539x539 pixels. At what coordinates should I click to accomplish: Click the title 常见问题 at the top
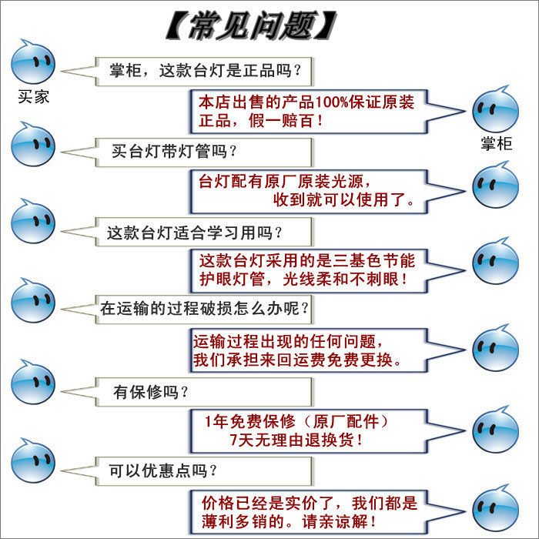251,26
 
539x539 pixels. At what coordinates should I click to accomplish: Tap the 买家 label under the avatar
33,98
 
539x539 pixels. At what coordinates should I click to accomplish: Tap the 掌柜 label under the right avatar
496,143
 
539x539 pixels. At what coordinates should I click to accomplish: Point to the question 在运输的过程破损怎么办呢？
205,309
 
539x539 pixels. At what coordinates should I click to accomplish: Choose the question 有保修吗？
151,392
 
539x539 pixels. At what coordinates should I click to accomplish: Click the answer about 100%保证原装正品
306,110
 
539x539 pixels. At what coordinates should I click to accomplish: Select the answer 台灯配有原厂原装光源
306,191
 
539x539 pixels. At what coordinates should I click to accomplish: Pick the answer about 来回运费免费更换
306,350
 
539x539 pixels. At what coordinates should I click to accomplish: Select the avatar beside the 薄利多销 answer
496,508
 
